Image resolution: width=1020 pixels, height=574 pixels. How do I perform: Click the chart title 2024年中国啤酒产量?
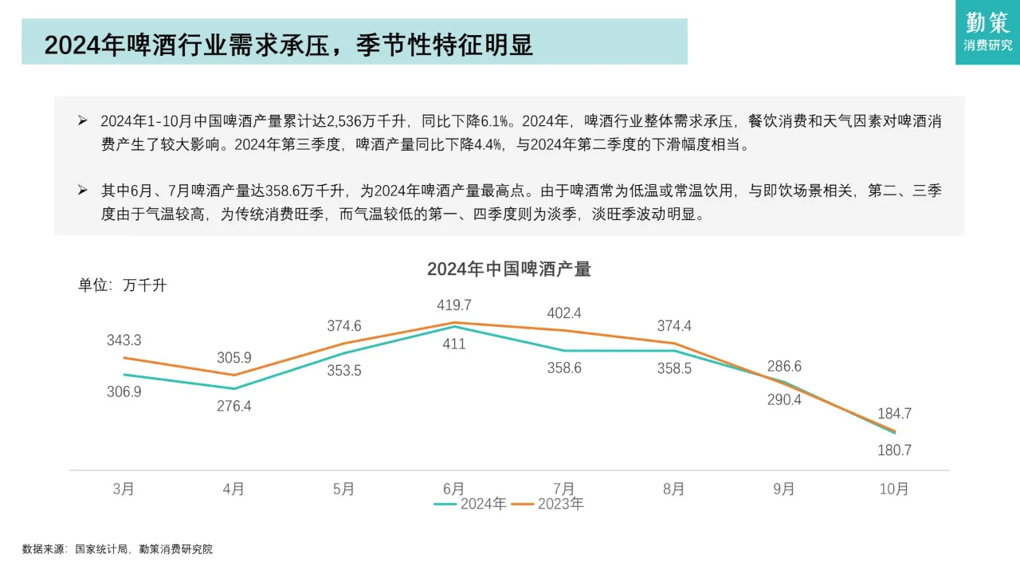click(x=508, y=269)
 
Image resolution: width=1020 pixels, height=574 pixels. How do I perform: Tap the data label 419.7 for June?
click(x=454, y=305)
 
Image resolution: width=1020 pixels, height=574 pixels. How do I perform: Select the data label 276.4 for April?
click(x=234, y=406)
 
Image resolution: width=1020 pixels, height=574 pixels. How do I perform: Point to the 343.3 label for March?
click(x=124, y=340)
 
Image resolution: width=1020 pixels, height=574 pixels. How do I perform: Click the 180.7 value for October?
click(x=894, y=450)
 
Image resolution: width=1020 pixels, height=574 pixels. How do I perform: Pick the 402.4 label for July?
click(x=564, y=313)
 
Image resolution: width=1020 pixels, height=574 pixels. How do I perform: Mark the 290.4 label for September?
click(x=784, y=400)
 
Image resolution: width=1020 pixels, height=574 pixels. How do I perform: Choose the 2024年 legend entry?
click(x=470, y=504)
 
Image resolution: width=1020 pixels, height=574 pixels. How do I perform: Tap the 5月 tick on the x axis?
click(x=343, y=489)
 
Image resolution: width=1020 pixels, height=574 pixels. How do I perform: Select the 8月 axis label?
click(x=673, y=489)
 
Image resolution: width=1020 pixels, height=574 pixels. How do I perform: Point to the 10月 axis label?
click(x=894, y=489)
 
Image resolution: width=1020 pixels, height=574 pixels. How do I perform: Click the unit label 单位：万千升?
click(x=122, y=285)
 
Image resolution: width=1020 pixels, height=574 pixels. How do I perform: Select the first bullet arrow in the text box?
click(x=82, y=121)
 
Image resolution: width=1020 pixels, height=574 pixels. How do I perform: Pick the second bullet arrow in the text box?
click(x=82, y=191)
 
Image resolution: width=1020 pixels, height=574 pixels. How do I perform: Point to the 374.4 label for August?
click(x=674, y=325)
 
